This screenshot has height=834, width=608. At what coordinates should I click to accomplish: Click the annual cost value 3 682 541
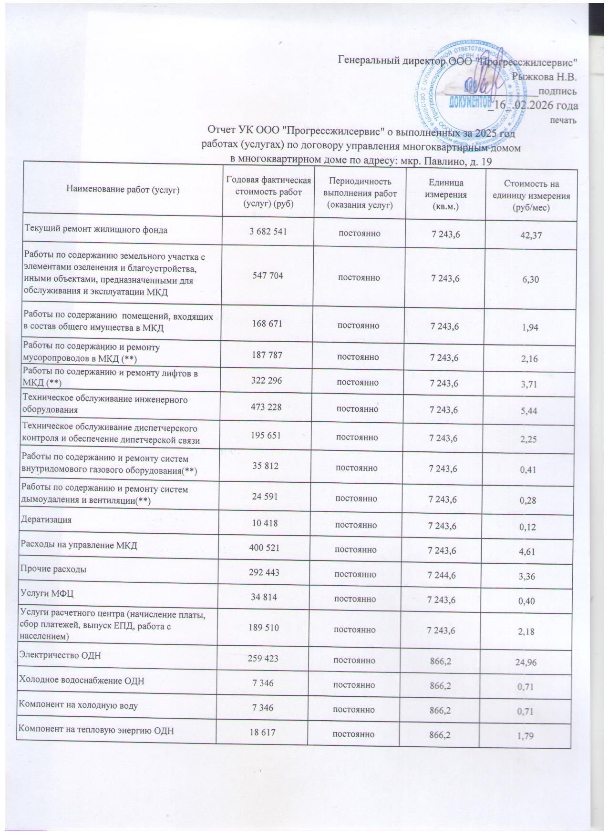[268, 233]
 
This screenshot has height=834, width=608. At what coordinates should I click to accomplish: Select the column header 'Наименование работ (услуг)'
[123, 190]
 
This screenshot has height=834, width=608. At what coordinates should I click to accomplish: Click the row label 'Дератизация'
[46, 520]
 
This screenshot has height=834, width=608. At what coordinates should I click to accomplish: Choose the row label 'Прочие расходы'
[53, 569]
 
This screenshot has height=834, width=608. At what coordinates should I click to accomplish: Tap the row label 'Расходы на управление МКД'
[78, 545]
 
